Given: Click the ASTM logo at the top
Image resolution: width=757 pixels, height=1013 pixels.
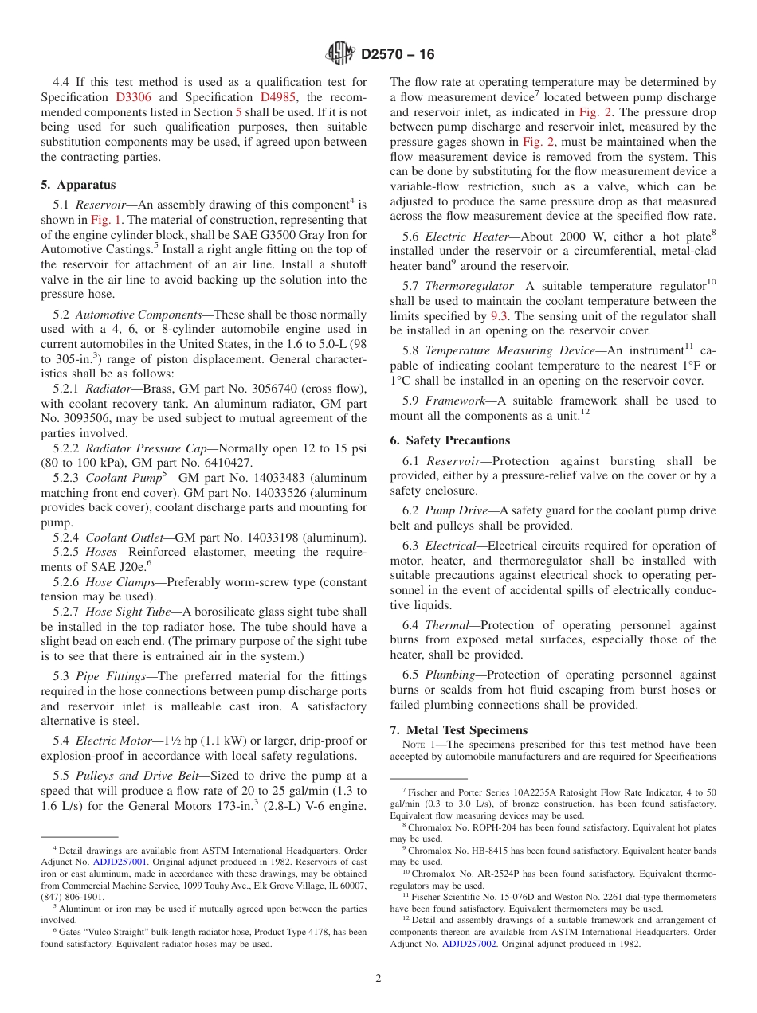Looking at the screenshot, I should point(340,53).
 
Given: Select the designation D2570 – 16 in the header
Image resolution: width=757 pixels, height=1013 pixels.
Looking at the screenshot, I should point(398,54).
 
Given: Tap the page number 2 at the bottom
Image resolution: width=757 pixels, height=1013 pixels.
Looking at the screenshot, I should point(378,979).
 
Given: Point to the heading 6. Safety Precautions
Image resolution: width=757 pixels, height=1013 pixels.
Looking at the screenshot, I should point(450,440).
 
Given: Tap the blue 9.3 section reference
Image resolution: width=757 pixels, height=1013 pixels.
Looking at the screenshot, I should point(500,316).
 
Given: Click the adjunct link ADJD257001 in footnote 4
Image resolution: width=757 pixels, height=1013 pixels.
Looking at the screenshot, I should point(120,862).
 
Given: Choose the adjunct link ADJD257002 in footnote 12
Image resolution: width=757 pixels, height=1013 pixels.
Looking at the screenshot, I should point(469,944).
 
